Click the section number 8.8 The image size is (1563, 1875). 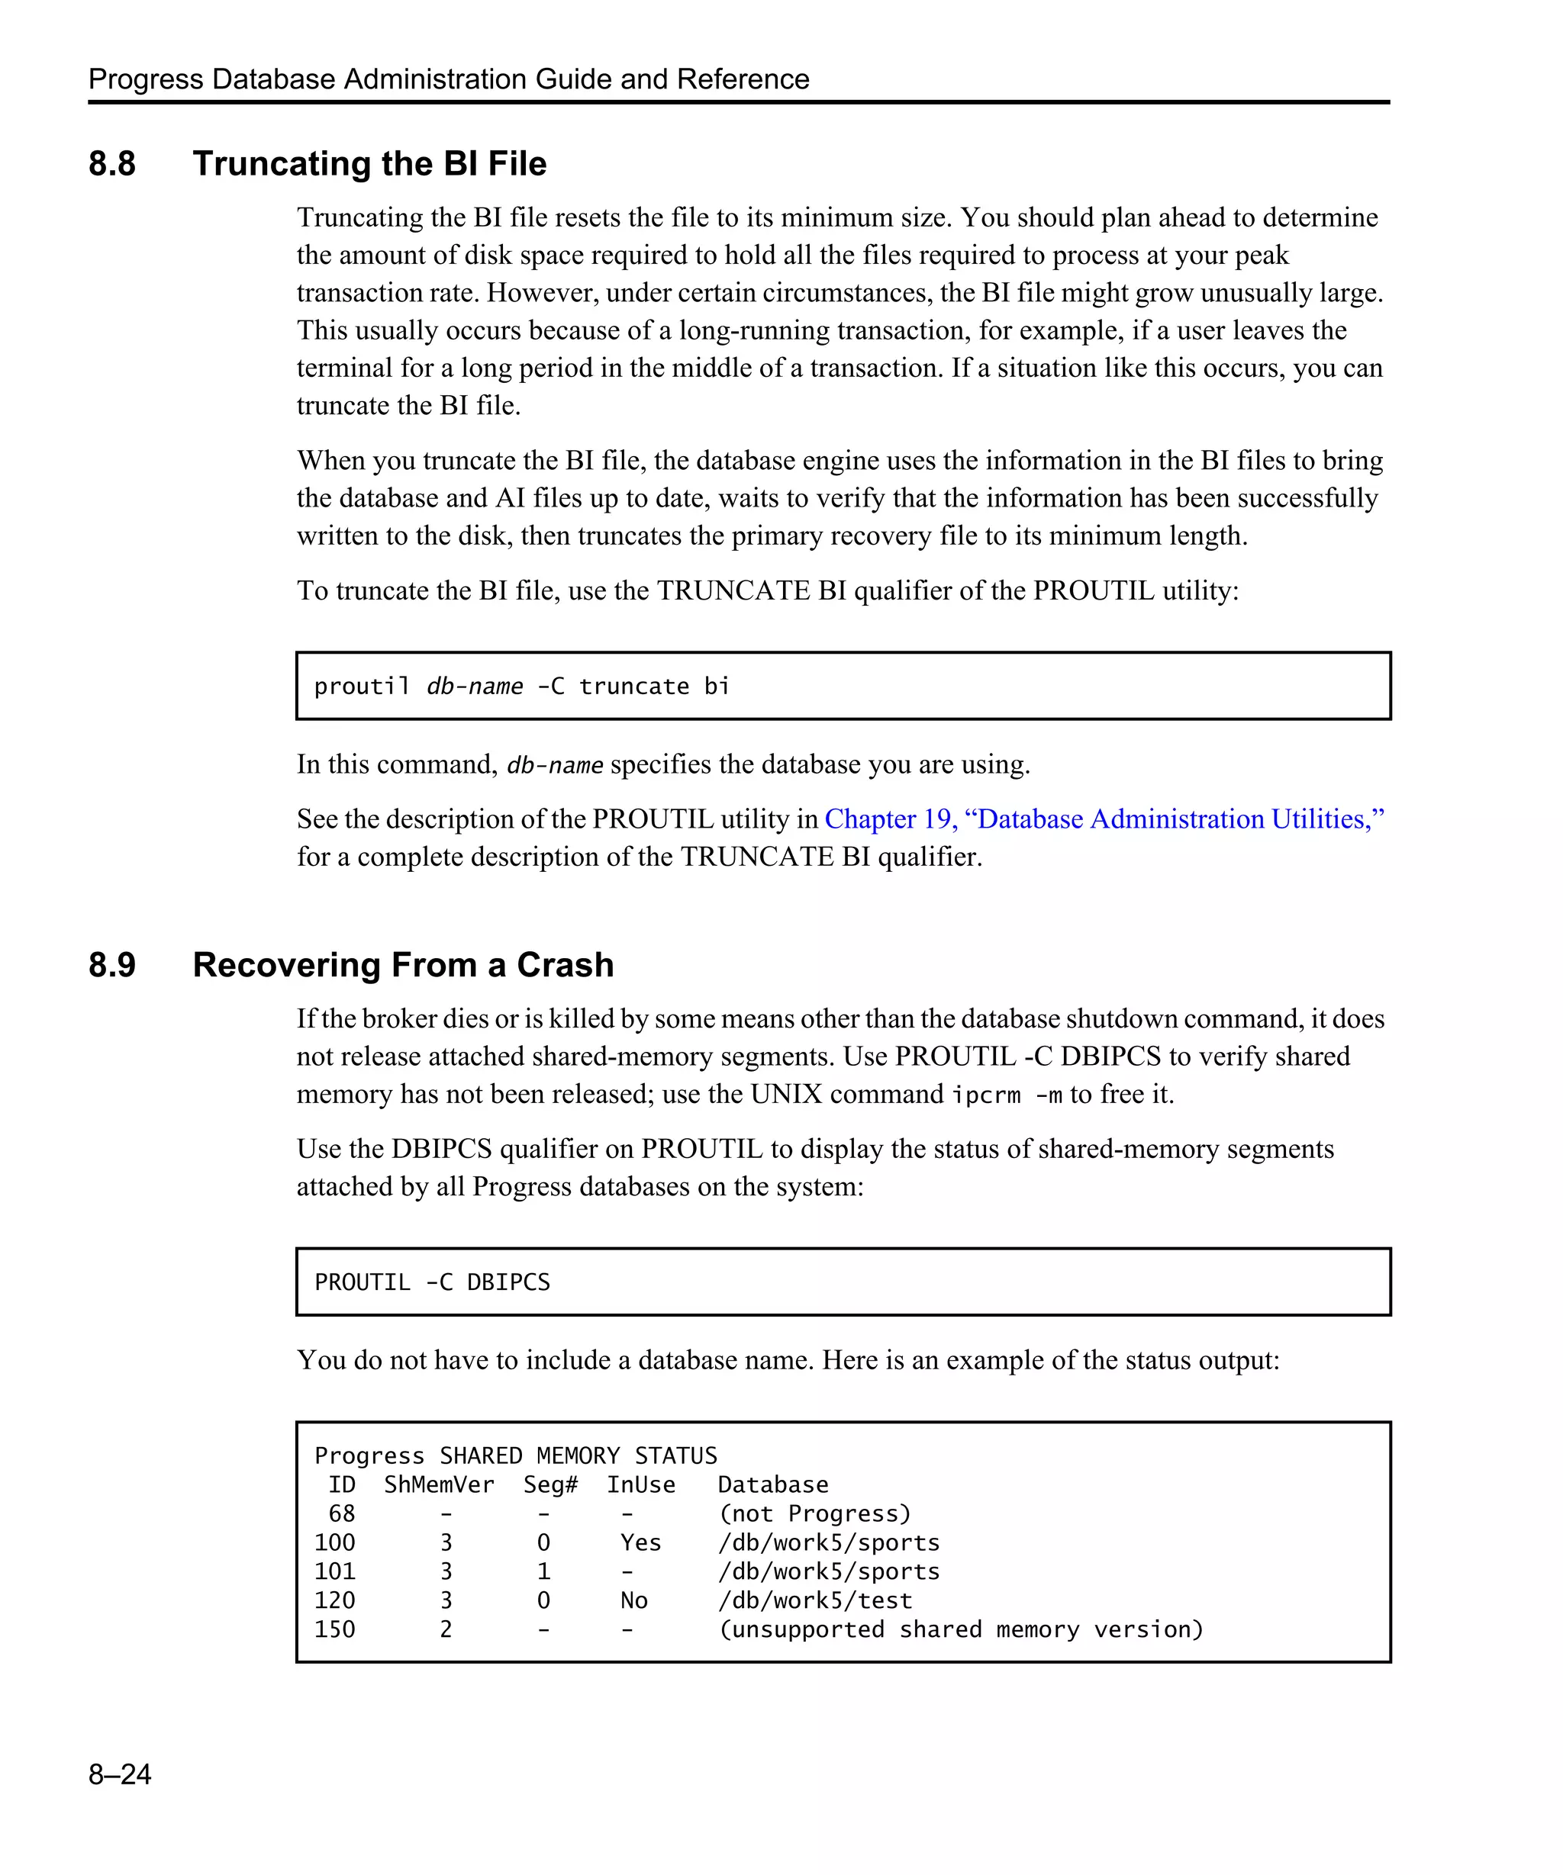(x=111, y=164)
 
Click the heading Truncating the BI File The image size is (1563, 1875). (x=369, y=164)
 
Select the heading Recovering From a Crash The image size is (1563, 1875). (x=403, y=965)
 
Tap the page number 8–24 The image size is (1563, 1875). (x=120, y=1774)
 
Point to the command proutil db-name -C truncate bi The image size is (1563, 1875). (x=521, y=687)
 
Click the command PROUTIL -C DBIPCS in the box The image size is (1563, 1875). (x=432, y=1282)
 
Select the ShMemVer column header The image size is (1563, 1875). (x=439, y=1485)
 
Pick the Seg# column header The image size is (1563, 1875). (x=550, y=1485)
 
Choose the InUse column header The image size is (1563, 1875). (x=640, y=1485)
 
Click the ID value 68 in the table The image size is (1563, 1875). (x=342, y=1513)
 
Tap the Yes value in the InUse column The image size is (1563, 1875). (x=640, y=1543)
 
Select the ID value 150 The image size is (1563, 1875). (x=335, y=1629)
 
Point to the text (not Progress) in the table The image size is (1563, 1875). (x=814, y=1513)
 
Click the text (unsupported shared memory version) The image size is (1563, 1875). (x=961, y=1629)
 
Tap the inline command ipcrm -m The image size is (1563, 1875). (x=1007, y=1095)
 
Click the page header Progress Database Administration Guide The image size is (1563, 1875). (x=448, y=79)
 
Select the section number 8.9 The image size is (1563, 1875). (x=111, y=965)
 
